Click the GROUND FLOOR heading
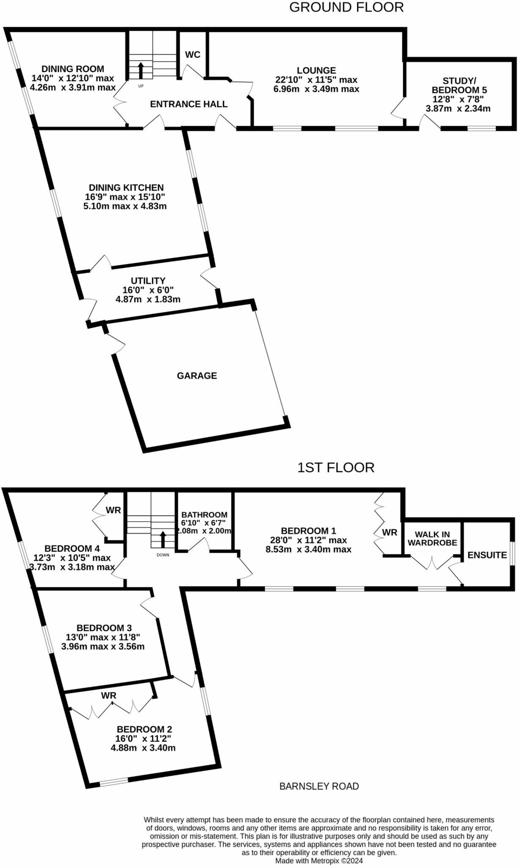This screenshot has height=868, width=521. (x=346, y=7)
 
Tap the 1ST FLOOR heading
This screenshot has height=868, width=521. (x=335, y=467)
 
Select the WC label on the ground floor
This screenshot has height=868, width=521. (x=193, y=55)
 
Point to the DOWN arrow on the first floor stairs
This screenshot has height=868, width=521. (x=163, y=540)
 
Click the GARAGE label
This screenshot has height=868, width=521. (x=197, y=376)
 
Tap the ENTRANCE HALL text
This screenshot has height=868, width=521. (x=188, y=104)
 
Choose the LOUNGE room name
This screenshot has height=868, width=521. (x=316, y=70)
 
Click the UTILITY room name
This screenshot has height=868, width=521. (x=148, y=281)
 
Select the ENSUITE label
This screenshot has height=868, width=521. (x=487, y=555)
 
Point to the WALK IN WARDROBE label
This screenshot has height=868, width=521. (x=432, y=539)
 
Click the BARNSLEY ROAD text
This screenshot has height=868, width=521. (x=319, y=787)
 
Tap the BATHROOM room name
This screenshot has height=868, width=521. (x=205, y=515)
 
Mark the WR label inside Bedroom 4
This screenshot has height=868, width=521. (x=113, y=510)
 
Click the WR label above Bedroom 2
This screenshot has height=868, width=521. (x=108, y=696)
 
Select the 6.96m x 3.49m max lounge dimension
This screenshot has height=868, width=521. (x=316, y=89)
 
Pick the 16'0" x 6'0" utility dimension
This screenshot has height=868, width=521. (x=148, y=290)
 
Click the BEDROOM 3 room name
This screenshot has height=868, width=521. (x=104, y=628)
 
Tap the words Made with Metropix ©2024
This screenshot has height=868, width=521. (x=319, y=861)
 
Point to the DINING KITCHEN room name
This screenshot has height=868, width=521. (x=126, y=187)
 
